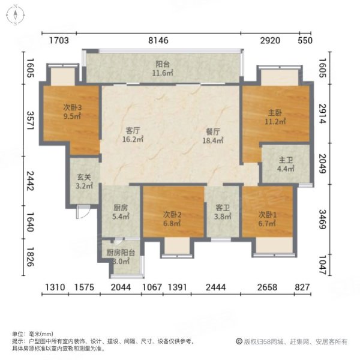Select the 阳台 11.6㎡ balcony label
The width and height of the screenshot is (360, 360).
(162, 69)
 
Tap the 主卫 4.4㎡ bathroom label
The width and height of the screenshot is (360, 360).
(286, 164)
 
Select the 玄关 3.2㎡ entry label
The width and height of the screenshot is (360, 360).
(85, 181)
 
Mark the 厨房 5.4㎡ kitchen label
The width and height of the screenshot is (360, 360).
(121, 212)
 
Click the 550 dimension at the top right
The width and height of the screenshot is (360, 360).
(305, 41)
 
